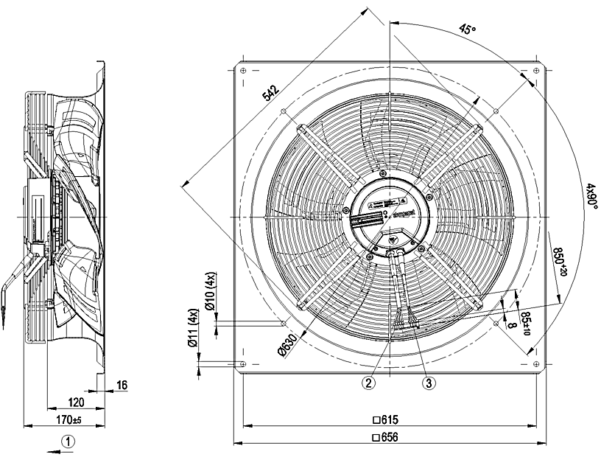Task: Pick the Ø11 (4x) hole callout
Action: coord(192,327)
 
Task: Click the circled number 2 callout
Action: coord(368,382)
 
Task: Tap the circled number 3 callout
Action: coord(429,382)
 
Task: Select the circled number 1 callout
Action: coord(68,442)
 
